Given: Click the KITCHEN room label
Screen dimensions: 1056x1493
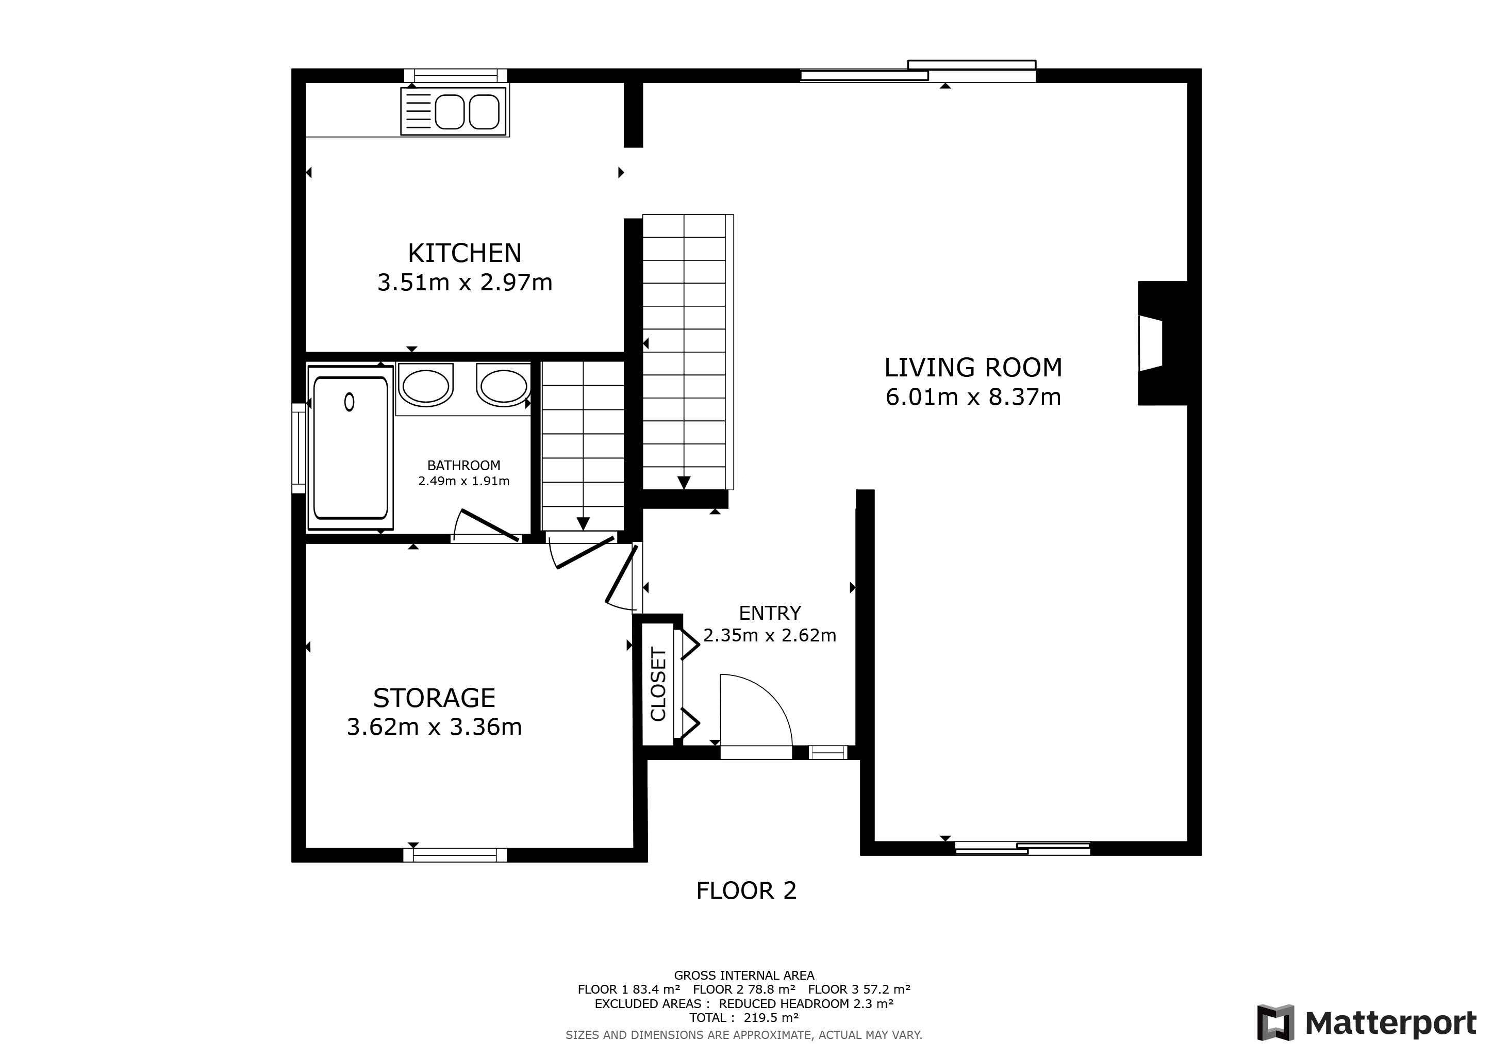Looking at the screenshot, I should pyautogui.click(x=465, y=253).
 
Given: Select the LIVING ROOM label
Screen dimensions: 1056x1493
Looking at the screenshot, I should pyautogui.click(x=973, y=368).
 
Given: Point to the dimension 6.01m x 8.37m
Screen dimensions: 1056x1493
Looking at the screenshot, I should pyautogui.click(x=973, y=397).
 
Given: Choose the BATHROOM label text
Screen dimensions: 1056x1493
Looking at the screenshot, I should pyautogui.click(x=463, y=466).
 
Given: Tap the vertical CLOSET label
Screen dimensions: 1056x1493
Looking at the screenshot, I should pyautogui.click(x=658, y=684).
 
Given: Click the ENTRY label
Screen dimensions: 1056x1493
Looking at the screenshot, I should pyautogui.click(x=770, y=613).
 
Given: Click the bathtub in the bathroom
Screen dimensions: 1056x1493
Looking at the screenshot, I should pyautogui.click(x=351, y=449).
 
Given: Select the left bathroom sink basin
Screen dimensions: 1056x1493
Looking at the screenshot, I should pyautogui.click(x=425, y=386).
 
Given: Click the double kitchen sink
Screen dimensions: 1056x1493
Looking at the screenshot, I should pyautogui.click(x=454, y=112).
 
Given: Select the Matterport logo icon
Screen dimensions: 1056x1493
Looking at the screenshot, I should pyautogui.click(x=1275, y=1023).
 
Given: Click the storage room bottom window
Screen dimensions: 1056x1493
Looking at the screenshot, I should pyautogui.click(x=455, y=855).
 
